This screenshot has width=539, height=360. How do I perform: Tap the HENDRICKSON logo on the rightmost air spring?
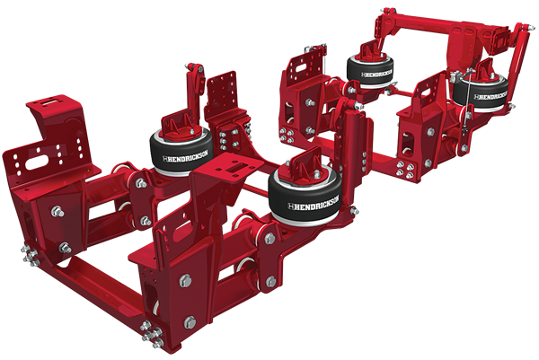pyautogui.click(x=491, y=94)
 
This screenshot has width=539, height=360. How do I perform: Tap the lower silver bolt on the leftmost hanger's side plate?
pyautogui.click(x=64, y=246)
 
